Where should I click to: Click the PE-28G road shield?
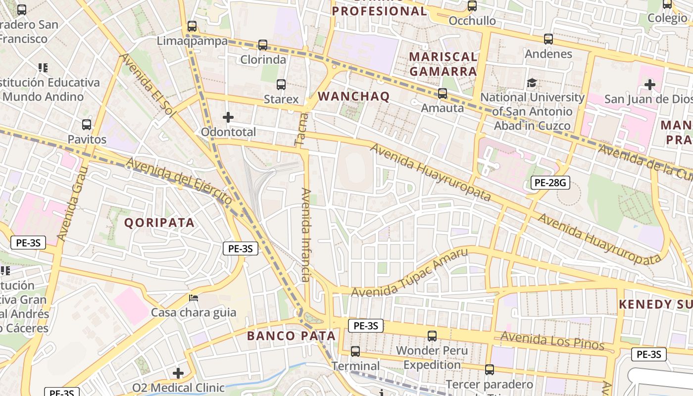[550, 183]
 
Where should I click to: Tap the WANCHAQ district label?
[353, 96]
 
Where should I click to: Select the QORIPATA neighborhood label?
[159, 223]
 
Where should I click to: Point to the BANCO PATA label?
[291, 336]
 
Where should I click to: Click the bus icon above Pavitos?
[87, 124]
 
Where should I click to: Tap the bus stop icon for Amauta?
[442, 93]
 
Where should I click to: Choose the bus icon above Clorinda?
[263, 45]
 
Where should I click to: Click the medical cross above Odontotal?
[228, 117]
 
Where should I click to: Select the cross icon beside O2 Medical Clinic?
[178, 373]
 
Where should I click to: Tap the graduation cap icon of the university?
[532, 83]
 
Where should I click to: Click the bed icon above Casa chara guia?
[194, 298]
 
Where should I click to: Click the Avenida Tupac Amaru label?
[409, 274]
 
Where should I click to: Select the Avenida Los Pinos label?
[552, 341]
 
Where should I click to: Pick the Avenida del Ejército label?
[179, 181]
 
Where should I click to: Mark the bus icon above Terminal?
[355, 351]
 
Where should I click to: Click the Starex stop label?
[281, 99]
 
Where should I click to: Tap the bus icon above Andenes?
[548, 39]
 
